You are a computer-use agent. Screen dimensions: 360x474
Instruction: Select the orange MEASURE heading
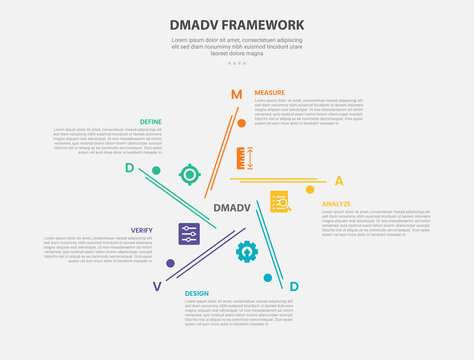point(269,92)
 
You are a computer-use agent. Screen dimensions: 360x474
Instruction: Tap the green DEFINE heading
point(151,121)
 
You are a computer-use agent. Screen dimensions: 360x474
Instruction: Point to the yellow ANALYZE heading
point(336,204)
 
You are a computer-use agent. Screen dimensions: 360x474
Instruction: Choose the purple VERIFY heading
point(141,230)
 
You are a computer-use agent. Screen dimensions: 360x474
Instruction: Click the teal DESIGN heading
point(196,293)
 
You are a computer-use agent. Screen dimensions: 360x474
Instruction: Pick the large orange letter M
point(237,95)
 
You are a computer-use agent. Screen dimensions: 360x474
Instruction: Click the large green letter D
point(157,168)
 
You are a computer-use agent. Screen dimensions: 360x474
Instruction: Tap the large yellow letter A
point(339,181)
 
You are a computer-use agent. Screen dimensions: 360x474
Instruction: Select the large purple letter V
point(156,286)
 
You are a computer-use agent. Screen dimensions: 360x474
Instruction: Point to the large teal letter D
point(293,287)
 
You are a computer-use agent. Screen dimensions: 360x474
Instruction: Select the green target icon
point(189,175)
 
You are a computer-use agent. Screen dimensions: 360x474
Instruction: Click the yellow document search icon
point(279,201)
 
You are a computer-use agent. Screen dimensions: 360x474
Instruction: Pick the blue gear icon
point(246,251)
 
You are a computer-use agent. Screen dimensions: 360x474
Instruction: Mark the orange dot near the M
point(241,124)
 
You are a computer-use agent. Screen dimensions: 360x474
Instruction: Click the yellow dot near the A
point(310,189)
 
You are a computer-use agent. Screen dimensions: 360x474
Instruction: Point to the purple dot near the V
point(170,264)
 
